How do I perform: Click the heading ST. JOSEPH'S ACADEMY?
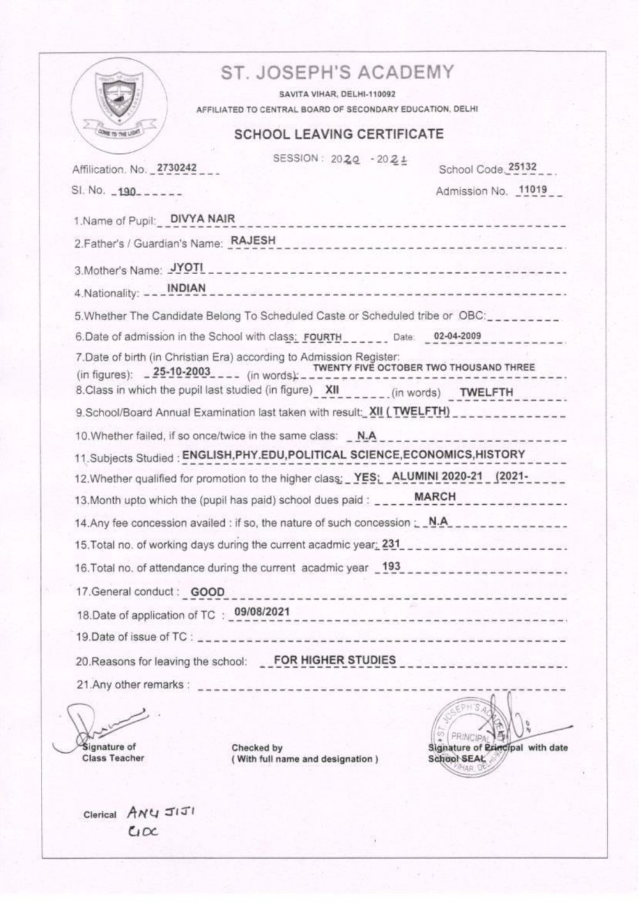(337, 72)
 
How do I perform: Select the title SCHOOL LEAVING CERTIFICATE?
(339, 134)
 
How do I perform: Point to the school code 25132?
(522, 167)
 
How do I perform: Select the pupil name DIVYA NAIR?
(203, 219)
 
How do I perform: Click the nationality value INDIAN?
(187, 289)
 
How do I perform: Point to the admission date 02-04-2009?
(457, 336)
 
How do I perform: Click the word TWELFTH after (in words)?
(486, 392)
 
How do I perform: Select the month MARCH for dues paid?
(435, 497)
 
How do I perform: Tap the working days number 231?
(390, 544)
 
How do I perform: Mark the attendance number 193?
(390, 567)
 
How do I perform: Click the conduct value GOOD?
(208, 592)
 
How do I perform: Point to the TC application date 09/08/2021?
(262, 612)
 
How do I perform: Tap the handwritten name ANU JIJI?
(160, 813)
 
